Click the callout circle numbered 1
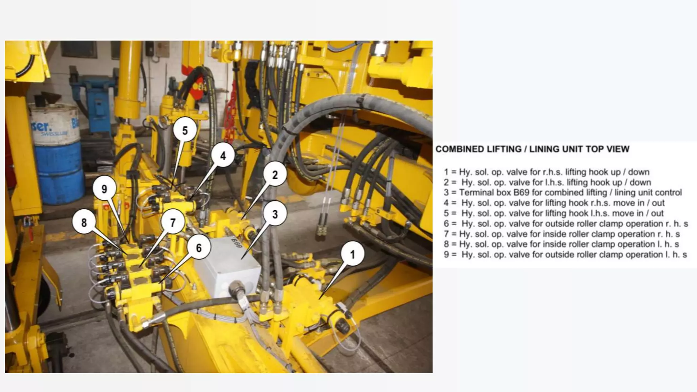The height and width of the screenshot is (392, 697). tap(352, 254)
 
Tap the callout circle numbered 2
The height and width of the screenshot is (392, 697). tap(275, 175)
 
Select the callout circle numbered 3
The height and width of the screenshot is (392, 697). tap(275, 214)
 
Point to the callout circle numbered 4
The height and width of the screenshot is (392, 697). tap(223, 156)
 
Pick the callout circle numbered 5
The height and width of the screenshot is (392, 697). tap(185, 130)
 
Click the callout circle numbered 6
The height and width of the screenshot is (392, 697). tap(199, 248)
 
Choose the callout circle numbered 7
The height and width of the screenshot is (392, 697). tap(173, 223)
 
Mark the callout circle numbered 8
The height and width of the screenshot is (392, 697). tap(84, 223)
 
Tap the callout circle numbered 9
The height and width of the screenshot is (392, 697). tap(104, 189)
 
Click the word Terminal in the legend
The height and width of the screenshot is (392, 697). tap(475, 193)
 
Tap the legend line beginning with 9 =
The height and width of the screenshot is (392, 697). tap(565, 255)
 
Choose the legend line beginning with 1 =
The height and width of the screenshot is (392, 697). tap(547, 172)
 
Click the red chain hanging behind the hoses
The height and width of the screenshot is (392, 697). tap(232, 105)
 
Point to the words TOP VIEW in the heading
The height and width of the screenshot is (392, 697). tap(609, 149)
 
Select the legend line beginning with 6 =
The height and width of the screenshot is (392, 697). tap(566, 224)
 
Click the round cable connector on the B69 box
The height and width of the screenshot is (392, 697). tap(237, 288)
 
